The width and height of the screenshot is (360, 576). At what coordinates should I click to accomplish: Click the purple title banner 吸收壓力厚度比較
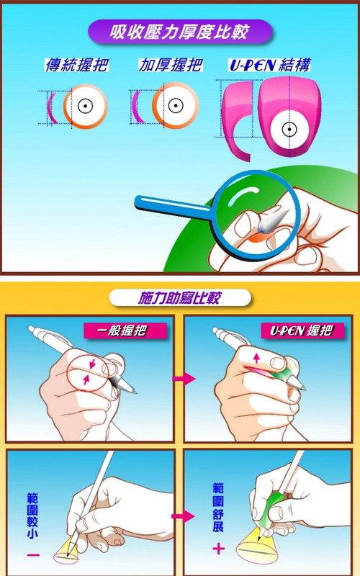[x=180, y=32]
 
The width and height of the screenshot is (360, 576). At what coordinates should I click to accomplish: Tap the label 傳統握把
[x=76, y=65]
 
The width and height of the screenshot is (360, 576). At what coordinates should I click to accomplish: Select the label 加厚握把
[x=170, y=65]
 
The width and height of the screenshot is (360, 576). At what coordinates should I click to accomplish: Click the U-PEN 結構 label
[x=269, y=65]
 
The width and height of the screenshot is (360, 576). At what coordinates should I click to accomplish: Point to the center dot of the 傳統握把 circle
[x=85, y=107]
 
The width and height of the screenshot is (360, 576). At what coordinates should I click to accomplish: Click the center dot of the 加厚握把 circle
[x=176, y=106]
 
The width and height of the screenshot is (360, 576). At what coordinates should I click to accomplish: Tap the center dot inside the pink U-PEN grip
[x=289, y=129]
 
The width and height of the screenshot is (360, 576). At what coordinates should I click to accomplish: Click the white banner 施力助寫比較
[x=180, y=297]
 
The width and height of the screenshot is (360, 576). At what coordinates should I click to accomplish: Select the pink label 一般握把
[x=125, y=331]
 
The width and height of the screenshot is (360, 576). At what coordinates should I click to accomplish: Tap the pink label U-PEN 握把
[x=302, y=330]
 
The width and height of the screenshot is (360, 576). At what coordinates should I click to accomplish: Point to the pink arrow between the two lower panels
[x=184, y=516]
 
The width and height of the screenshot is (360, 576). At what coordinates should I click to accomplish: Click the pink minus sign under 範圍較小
[x=33, y=554]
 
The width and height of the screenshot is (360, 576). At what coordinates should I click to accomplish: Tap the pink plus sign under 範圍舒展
[x=219, y=549]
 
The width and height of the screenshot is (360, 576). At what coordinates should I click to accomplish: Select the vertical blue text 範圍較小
[x=33, y=516]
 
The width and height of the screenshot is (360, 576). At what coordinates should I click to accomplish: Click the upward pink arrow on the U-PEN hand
[x=256, y=357]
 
